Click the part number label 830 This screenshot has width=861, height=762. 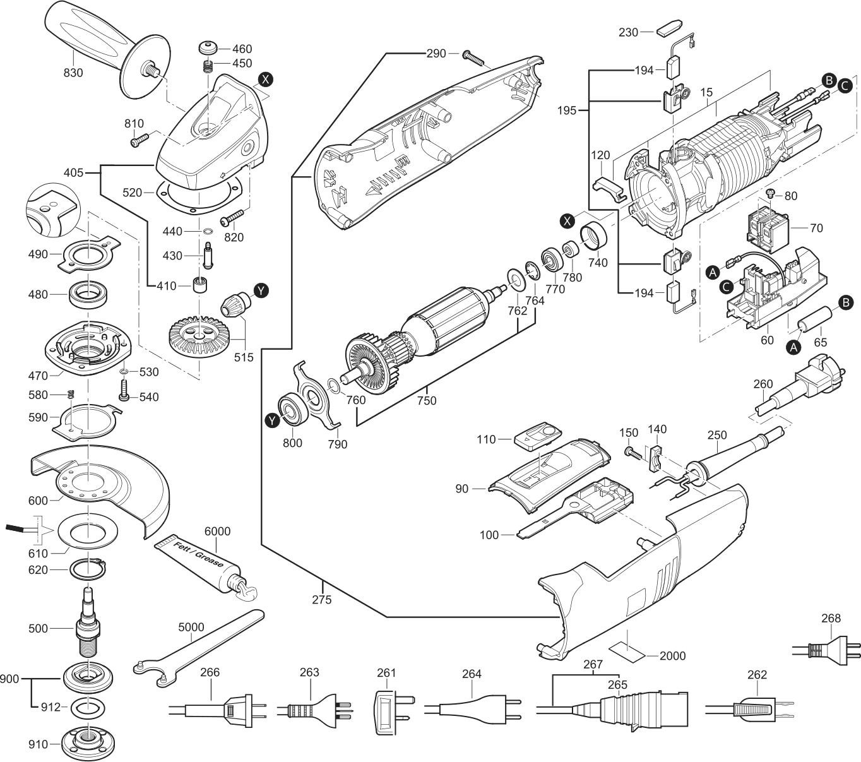click(x=73, y=73)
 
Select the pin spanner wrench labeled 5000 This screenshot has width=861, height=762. click(x=198, y=648)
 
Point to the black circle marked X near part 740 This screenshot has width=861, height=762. click(x=567, y=220)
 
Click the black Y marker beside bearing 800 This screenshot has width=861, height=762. click(x=271, y=420)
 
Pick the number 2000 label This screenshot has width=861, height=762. click(x=673, y=656)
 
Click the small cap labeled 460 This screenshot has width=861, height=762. click(x=208, y=47)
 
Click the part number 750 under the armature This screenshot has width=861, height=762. click(x=427, y=401)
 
